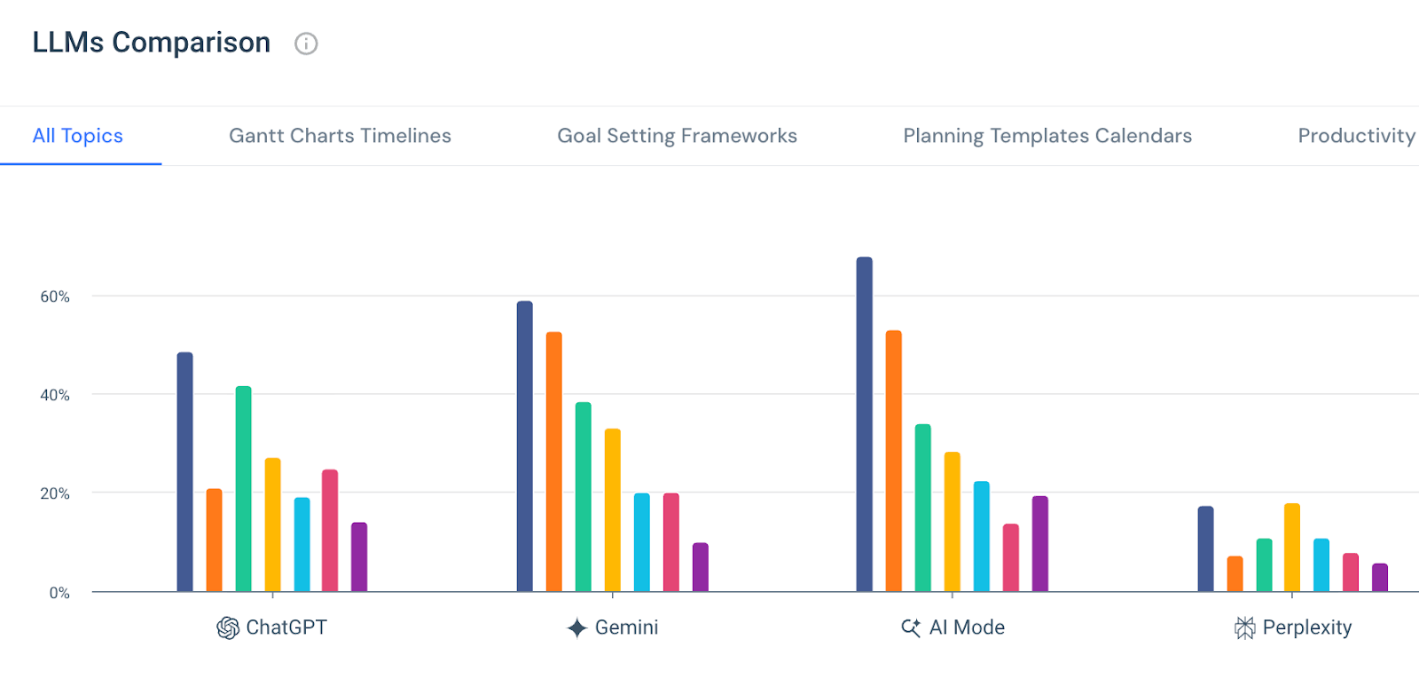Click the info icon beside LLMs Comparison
point(306,43)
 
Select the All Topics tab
point(78,136)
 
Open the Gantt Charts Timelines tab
point(340,136)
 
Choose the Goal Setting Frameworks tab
point(677,136)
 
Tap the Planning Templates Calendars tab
point(1047,136)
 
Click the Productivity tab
point(1355,136)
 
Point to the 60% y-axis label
point(55,296)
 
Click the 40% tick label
point(55,395)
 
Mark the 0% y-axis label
point(59,593)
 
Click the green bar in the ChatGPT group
point(243,489)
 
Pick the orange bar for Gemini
point(554,462)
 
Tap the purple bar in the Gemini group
point(701,567)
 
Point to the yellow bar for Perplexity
point(1292,548)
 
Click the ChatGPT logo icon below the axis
point(228,628)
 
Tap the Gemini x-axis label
point(626,628)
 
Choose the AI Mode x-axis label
point(967,628)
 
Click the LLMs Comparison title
point(152,43)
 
